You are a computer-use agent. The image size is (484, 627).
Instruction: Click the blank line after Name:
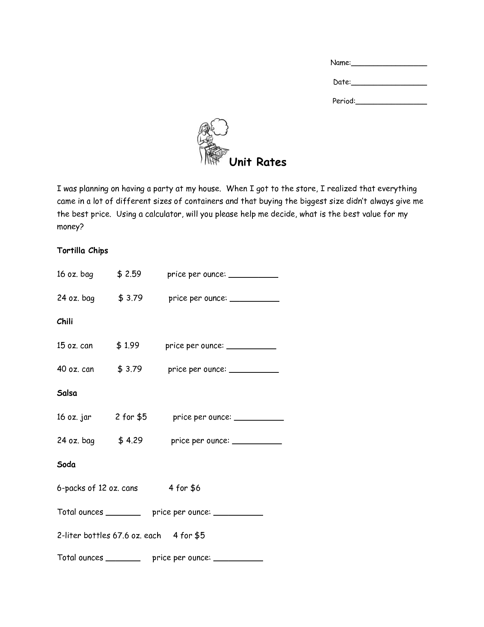[x=389, y=65]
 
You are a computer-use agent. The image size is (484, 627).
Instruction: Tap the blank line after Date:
[x=389, y=84]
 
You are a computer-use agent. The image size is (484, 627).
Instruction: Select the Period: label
[x=344, y=101]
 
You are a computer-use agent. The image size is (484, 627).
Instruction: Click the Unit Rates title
[x=258, y=162]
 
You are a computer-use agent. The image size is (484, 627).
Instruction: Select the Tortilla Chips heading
[x=82, y=250]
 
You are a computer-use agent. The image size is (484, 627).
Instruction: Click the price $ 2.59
[x=129, y=274]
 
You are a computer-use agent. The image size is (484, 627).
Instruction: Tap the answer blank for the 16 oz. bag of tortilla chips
[x=253, y=277]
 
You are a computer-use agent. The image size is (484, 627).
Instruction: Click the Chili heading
[x=65, y=321]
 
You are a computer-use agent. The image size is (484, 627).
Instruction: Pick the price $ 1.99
[x=128, y=345]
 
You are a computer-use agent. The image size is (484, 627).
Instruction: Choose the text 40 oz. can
[x=75, y=369]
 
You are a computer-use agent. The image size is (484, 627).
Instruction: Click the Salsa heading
[x=67, y=393]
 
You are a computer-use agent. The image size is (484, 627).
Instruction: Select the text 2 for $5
[x=131, y=417]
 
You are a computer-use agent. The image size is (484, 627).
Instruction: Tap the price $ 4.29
[x=130, y=440]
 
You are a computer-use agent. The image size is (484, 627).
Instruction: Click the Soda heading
[x=66, y=464]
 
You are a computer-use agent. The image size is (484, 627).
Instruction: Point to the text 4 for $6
[x=184, y=488]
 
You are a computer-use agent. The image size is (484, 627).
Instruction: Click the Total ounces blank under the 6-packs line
[x=123, y=515]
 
